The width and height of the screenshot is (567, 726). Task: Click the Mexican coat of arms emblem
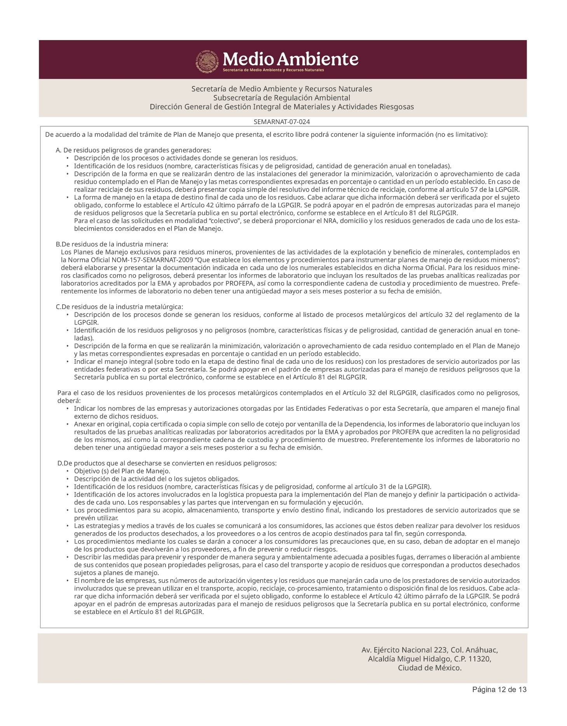coord(207,60)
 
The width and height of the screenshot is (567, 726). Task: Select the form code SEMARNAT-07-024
coord(282,122)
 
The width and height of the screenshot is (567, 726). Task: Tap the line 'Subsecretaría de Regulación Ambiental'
coord(282,98)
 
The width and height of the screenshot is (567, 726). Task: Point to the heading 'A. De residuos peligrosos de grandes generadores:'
coord(133,150)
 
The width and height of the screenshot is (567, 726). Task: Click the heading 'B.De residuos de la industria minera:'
coord(112,244)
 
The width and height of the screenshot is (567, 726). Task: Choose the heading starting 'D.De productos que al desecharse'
coord(167,463)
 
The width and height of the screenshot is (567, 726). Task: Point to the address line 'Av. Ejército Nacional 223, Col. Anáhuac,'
coord(430,650)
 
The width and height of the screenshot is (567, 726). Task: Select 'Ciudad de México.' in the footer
coord(430,668)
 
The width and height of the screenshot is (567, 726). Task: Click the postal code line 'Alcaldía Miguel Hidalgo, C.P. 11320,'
coord(430,659)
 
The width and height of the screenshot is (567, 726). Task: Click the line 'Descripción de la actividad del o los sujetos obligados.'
coord(157,479)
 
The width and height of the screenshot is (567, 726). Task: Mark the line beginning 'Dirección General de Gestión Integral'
coord(282,107)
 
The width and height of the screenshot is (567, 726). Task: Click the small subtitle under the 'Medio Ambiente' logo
coord(273,70)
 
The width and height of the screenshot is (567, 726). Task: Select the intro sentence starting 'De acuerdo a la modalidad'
coord(266,135)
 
